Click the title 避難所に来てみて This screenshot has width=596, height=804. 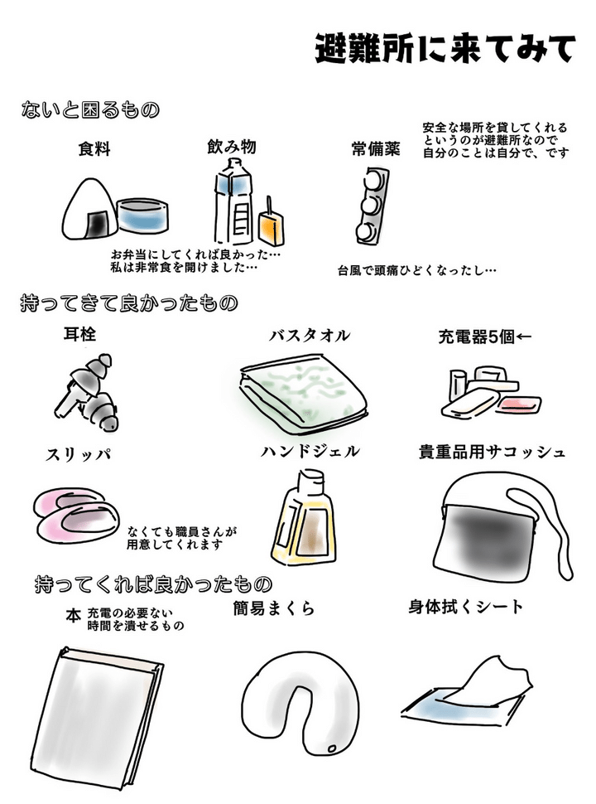tap(445, 49)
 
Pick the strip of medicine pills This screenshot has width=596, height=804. tap(372, 206)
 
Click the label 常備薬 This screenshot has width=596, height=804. tap(375, 149)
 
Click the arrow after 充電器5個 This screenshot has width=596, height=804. tap(524, 337)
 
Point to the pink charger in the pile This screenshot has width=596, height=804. tap(519, 405)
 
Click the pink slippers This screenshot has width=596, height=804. tap(76, 513)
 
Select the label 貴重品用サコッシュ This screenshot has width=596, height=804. tap(492, 452)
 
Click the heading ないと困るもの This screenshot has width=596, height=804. tap(90, 109)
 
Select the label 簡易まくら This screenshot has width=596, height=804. tap(273, 608)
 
